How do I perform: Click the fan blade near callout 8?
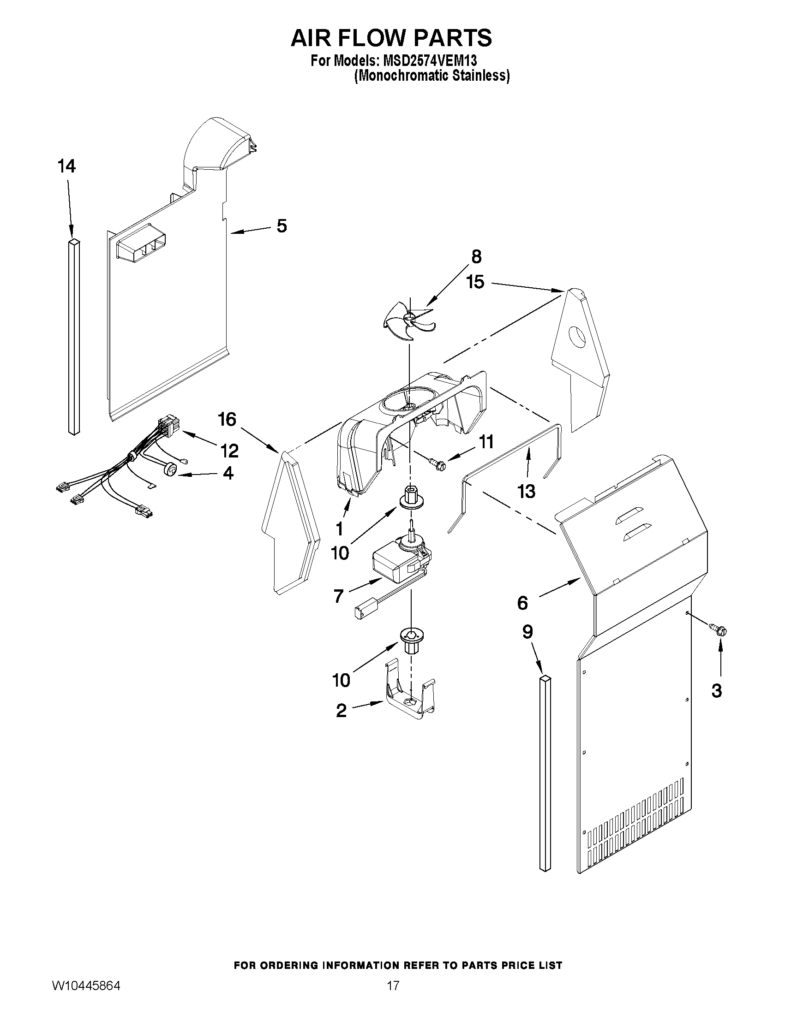(409, 320)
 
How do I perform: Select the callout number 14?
(67, 166)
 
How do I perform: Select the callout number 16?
(227, 420)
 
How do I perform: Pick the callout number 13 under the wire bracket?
(526, 491)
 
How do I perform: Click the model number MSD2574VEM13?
(429, 61)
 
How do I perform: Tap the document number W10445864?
(86, 996)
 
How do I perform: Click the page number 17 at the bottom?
(392, 996)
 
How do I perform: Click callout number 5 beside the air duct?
(282, 226)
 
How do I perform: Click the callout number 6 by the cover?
(523, 603)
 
